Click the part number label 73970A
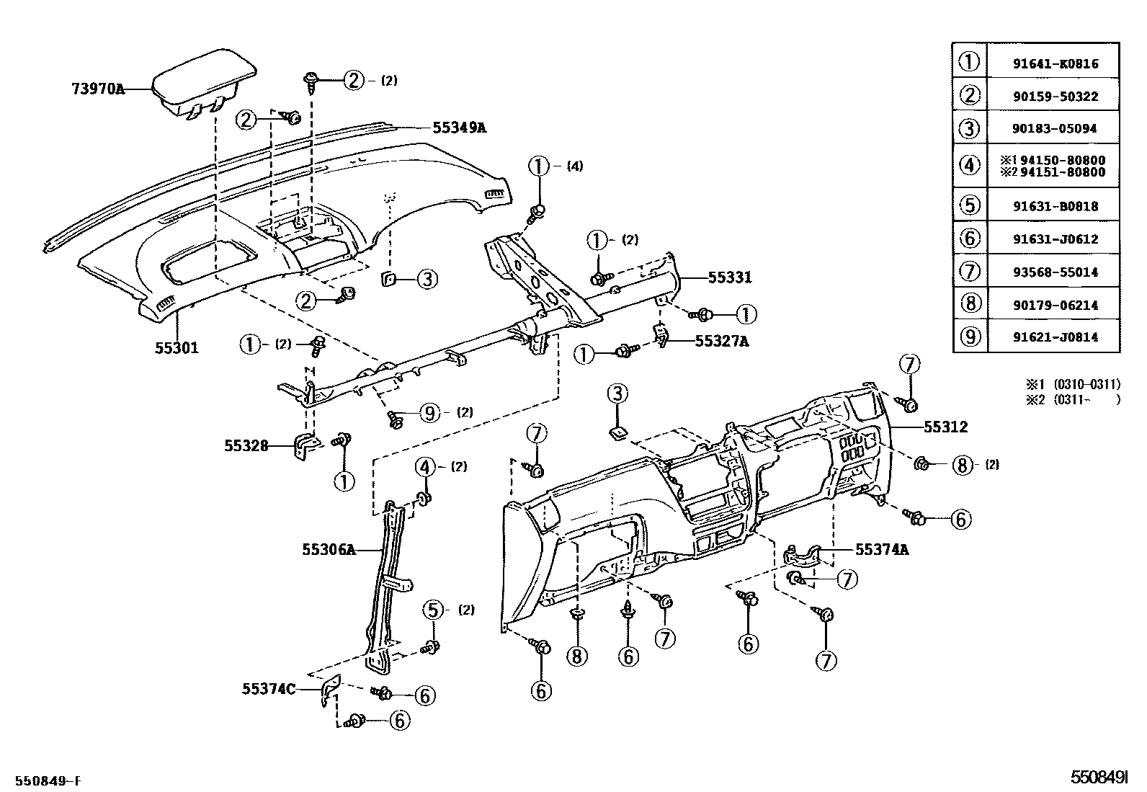(x=98, y=89)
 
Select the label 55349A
(x=459, y=128)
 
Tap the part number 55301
(x=177, y=347)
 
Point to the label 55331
(x=729, y=277)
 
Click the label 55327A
(x=721, y=341)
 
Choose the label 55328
(x=246, y=446)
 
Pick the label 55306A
(x=329, y=550)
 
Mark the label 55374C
(x=269, y=688)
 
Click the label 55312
(x=946, y=427)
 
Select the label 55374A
(x=882, y=550)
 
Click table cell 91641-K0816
(x=1055, y=63)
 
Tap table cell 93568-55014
(x=1055, y=272)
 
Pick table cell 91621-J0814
(x=1055, y=337)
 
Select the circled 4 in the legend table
(x=970, y=166)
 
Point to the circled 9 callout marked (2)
(x=429, y=412)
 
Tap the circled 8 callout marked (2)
(x=962, y=465)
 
